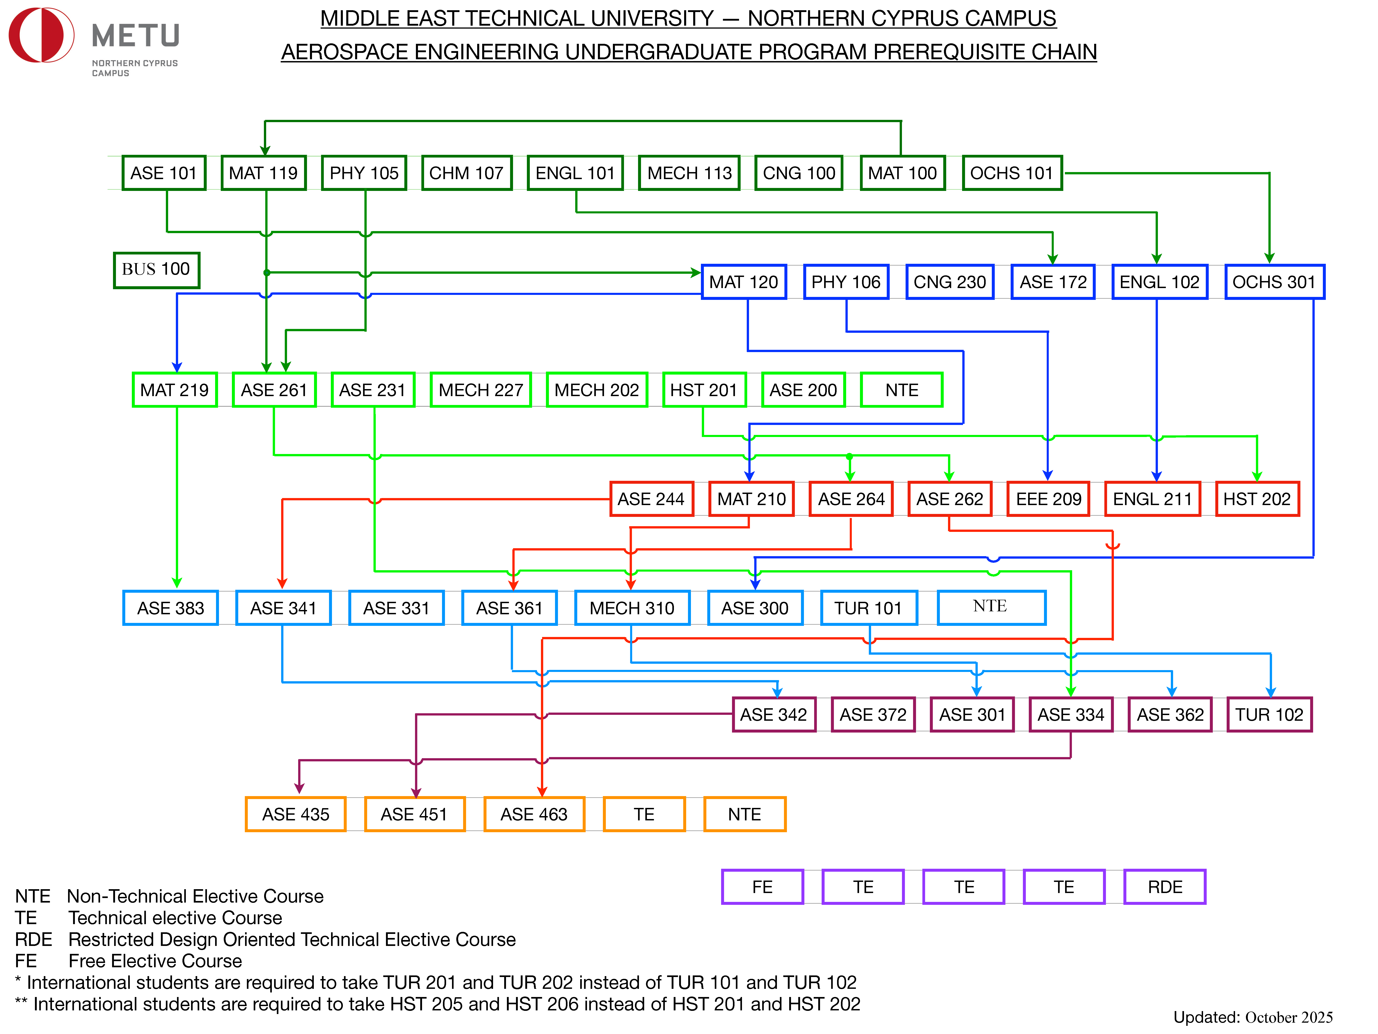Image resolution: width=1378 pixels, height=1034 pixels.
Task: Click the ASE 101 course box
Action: [164, 173]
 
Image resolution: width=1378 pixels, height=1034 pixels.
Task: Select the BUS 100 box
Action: [156, 270]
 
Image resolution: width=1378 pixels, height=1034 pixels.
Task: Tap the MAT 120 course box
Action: [744, 282]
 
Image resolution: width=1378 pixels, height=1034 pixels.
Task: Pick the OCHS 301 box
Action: [1274, 282]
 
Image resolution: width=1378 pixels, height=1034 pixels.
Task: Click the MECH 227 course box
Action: [480, 390]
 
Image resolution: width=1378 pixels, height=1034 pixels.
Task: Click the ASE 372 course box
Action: [873, 714]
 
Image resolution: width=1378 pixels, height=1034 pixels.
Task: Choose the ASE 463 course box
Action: [534, 814]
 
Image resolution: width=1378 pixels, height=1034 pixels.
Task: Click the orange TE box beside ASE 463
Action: [644, 814]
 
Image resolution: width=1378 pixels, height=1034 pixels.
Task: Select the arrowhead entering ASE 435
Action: [299, 789]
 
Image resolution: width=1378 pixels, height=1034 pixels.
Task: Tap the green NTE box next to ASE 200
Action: [901, 390]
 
